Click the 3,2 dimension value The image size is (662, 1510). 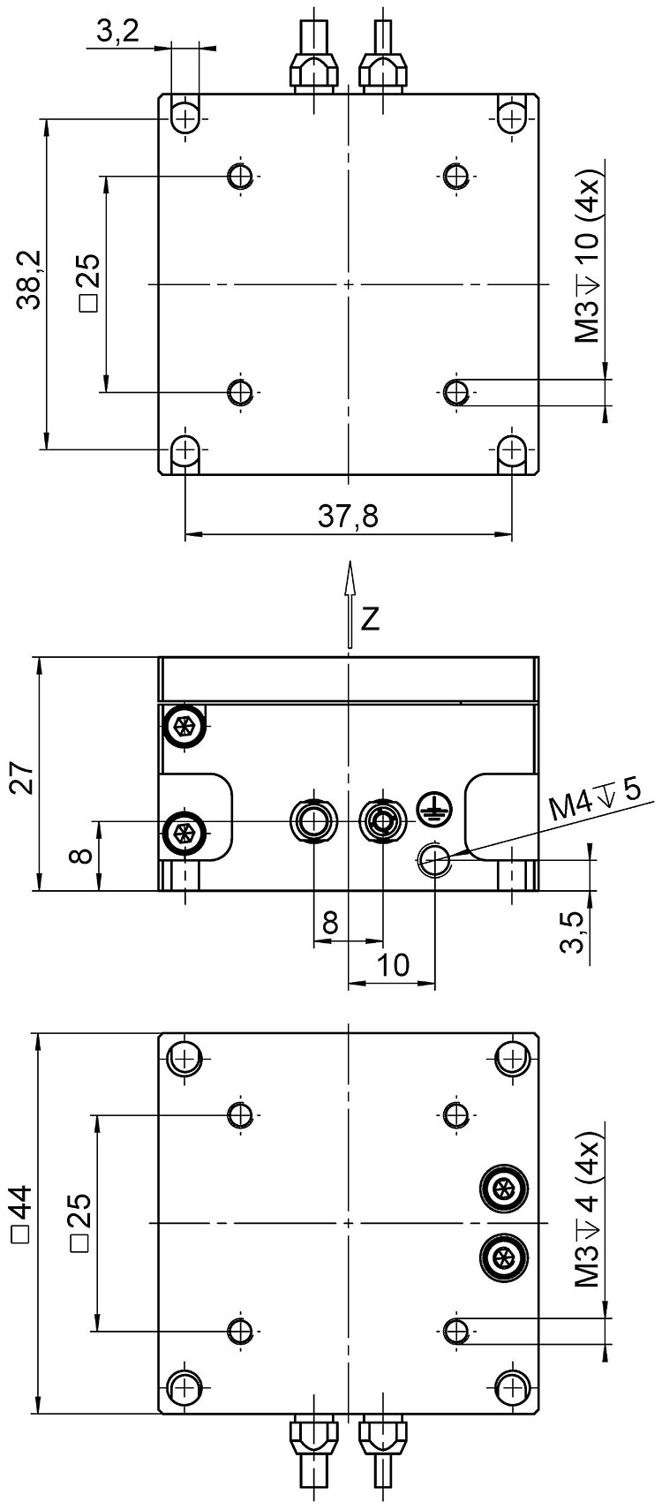(x=117, y=34)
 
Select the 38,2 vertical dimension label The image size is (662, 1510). (x=32, y=282)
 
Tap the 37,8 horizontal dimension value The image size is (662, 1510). (x=348, y=516)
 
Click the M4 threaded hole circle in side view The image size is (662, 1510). (x=435, y=859)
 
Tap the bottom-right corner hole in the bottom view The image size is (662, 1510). (x=511, y=1386)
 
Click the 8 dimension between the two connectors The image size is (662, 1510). (x=328, y=923)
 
